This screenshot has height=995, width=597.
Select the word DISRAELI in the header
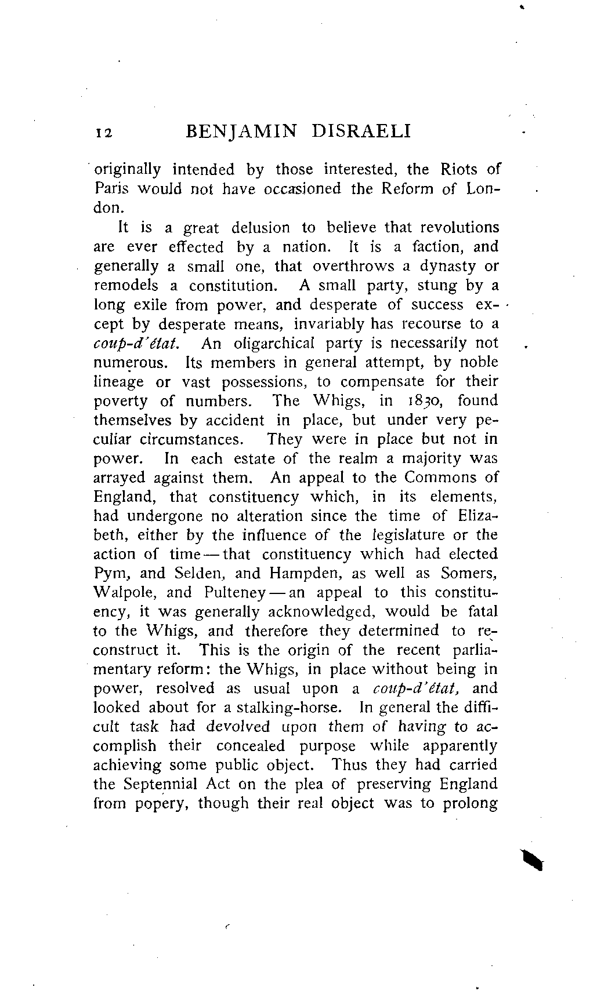pyautogui.click(x=361, y=132)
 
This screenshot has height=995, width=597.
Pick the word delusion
pyautogui.click(x=260, y=228)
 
